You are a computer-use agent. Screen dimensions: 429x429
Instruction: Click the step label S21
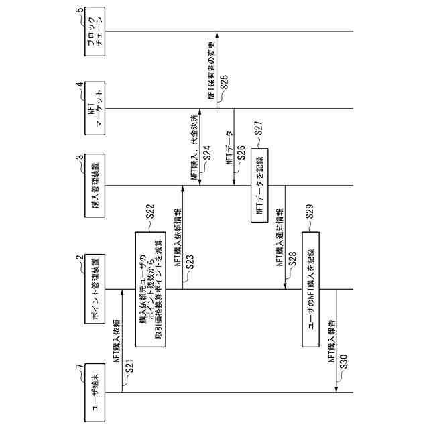[x=129, y=367]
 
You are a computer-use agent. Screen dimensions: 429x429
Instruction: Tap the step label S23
[x=190, y=264]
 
